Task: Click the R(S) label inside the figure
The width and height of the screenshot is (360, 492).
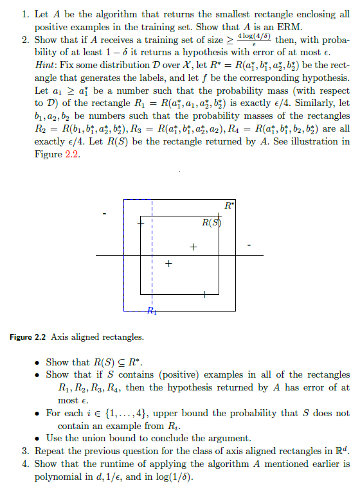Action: [211, 223]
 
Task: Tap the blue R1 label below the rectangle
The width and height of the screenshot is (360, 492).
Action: [151, 312]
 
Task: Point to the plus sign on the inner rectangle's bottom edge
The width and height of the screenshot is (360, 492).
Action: [203, 294]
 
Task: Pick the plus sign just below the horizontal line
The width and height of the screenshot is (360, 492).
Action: [168, 263]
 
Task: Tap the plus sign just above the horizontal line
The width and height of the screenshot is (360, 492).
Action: [192, 247]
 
